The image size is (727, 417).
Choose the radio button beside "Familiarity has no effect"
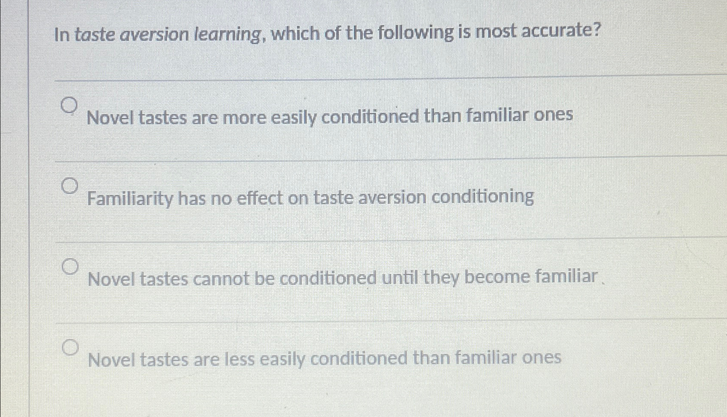(70, 186)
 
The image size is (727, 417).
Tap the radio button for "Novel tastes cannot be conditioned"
(70, 267)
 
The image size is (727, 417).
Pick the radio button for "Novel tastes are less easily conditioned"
(71, 348)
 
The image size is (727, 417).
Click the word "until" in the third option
(400, 278)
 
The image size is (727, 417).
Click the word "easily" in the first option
(294, 117)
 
